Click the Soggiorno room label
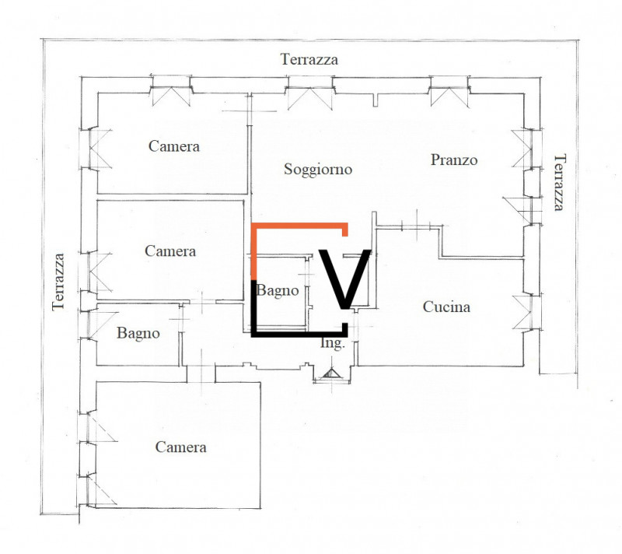tap(318, 169)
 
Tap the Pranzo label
tap(454, 160)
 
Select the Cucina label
tap(446, 307)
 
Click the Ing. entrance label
tap(332, 343)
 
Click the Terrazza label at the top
tap(309, 59)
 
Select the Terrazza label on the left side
tap(58, 282)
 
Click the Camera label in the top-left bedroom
tap(174, 146)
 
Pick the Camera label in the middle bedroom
tap(170, 251)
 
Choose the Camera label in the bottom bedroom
tap(180, 447)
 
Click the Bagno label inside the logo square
tap(278, 291)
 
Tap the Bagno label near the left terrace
tap(138, 333)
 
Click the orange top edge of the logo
tap(300, 226)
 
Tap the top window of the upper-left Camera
tap(170, 91)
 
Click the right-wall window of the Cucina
tap(526, 311)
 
